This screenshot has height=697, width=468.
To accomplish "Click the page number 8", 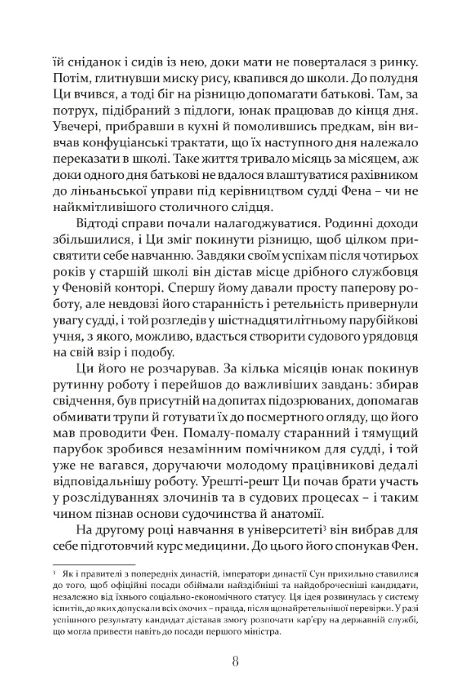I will click(x=234, y=660).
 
